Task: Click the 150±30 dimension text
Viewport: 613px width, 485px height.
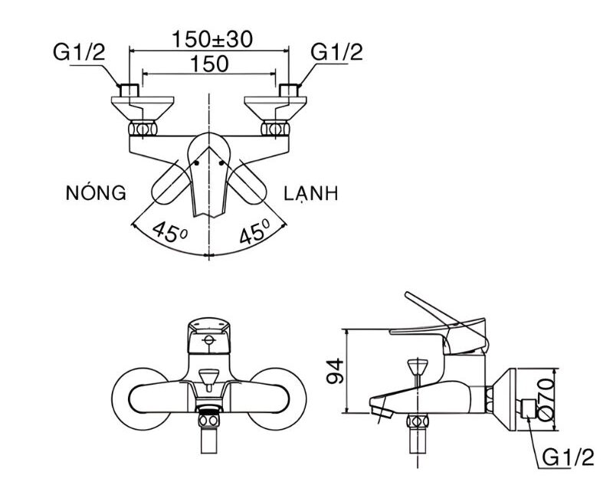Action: point(213,39)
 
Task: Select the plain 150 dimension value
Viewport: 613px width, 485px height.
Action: point(209,64)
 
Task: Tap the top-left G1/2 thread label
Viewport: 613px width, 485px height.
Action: point(80,52)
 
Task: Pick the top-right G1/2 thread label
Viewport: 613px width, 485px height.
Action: point(337,52)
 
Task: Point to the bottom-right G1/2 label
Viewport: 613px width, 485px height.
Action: point(569,457)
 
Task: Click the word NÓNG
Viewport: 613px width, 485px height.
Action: point(96,192)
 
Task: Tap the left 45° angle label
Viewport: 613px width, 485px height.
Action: point(170,232)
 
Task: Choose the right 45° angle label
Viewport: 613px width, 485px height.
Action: point(255,231)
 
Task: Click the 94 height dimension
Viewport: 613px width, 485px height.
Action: point(335,372)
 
